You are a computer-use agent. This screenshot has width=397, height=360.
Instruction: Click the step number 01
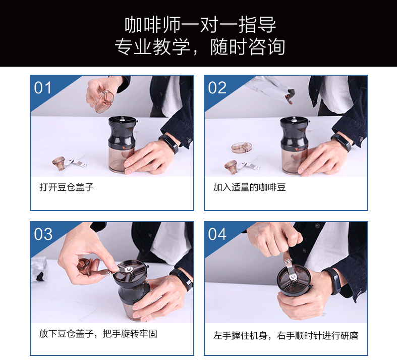pos(42,88)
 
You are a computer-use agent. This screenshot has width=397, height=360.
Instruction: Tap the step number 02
pos(217,88)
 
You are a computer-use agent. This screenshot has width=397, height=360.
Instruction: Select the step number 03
pos(43,234)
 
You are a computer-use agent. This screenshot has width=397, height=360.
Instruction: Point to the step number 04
pos(217,234)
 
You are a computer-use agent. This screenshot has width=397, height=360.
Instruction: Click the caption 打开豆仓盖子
pos(67,187)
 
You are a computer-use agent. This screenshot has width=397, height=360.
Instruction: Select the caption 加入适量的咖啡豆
pos(249,187)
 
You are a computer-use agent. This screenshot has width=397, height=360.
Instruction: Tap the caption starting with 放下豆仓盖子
pos(98,334)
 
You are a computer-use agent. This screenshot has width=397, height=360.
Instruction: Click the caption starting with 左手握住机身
pos(286,336)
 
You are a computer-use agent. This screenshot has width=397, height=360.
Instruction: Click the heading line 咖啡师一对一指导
pos(200,25)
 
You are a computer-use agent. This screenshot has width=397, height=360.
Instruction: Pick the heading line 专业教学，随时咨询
pos(200,47)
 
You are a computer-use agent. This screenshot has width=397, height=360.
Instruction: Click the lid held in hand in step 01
pos(103,101)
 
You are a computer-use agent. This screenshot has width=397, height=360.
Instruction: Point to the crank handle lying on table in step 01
pos(69,163)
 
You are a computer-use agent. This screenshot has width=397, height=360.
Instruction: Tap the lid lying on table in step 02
pos(242,147)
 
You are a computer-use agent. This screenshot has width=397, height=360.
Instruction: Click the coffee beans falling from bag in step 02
pos(290,96)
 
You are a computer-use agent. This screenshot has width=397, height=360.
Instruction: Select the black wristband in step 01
pos(169,143)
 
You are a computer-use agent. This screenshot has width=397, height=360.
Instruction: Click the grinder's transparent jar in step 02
pos(294,161)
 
